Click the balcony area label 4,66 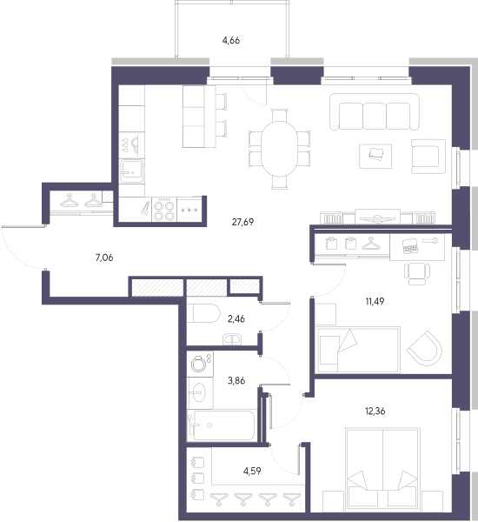tap(231, 41)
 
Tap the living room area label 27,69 tap(242, 222)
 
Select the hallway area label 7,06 tap(104, 258)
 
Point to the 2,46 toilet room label tap(236, 319)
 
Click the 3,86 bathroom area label tap(236, 380)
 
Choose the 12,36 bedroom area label tap(375, 412)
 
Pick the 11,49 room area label tap(375, 302)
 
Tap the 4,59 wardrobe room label tap(252, 471)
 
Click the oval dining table tap(280, 149)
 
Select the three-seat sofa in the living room tap(375, 111)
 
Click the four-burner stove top tap(164, 210)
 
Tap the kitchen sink tap(132, 171)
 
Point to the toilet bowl tap(203, 313)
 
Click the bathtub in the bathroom tap(222, 425)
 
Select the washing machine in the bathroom tap(200, 365)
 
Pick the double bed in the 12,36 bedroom tap(382, 470)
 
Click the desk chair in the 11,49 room tap(417, 273)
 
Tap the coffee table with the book tap(375, 156)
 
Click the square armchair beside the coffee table tap(428, 156)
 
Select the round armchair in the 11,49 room tap(425, 348)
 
